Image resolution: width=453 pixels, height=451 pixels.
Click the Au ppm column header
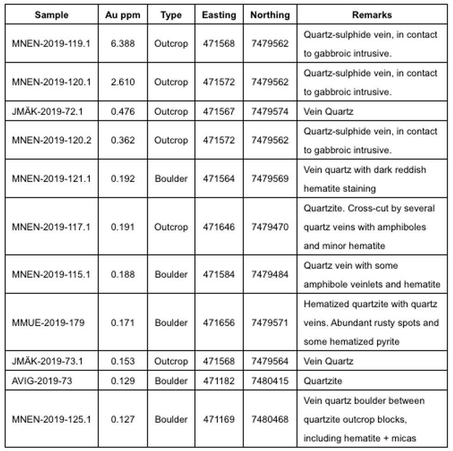pyautogui.click(x=122, y=15)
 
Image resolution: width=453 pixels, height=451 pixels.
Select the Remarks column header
pyautogui.click(x=372, y=15)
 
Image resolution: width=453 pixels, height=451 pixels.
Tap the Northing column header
pyautogui.click(x=270, y=15)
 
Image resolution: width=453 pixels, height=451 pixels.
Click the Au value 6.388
pyautogui.click(x=122, y=44)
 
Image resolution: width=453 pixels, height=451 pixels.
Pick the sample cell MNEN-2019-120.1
pyautogui.click(x=51, y=82)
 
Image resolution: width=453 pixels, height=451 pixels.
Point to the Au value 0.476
pyautogui.click(x=122, y=111)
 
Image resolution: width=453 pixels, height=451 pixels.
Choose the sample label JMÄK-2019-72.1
pyautogui.click(x=47, y=111)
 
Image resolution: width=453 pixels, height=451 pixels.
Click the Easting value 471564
pyautogui.click(x=219, y=179)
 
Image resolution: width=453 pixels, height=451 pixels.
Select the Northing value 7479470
pyautogui.click(x=270, y=227)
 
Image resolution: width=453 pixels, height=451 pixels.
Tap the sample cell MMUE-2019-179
pyautogui.click(x=48, y=323)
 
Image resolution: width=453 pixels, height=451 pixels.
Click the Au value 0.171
pyautogui.click(x=122, y=323)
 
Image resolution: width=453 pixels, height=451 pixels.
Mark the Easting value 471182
pyautogui.click(x=219, y=381)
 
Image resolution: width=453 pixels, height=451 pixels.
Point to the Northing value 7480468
pyautogui.click(x=270, y=419)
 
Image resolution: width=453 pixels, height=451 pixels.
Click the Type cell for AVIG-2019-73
pyautogui.click(x=171, y=381)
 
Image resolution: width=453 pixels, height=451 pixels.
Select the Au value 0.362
pyautogui.click(x=122, y=140)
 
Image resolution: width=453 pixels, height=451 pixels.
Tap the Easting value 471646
pyautogui.click(x=219, y=227)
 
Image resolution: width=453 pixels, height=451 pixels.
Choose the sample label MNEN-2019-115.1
pyautogui.click(x=51, y=274)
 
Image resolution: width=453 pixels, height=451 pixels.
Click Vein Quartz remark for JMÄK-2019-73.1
pyautogui.click(x=328, y=361)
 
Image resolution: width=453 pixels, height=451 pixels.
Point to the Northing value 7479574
pyautogui.click(x=270, y=111)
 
